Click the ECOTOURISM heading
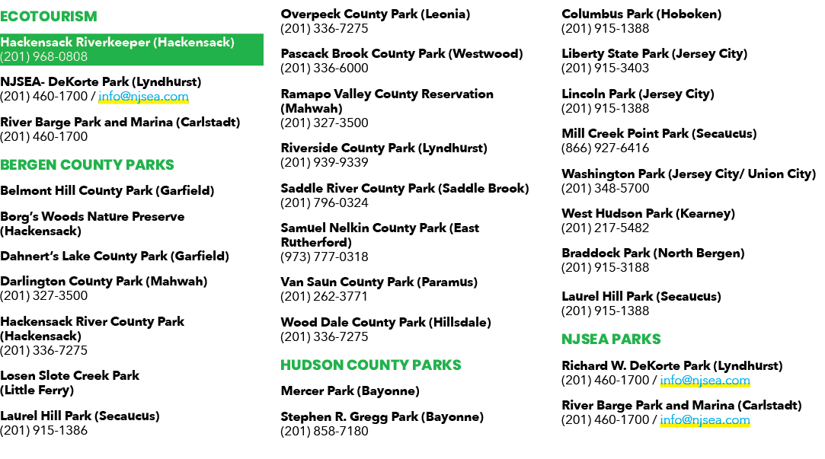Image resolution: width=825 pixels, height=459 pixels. [49, 17]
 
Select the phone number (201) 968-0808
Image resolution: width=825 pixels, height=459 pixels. [43, 57]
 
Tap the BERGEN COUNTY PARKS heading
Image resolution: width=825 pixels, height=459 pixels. [87, 165]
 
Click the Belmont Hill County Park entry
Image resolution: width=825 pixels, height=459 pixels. [107, 191]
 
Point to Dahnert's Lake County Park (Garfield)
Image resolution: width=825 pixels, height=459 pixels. [115, 257]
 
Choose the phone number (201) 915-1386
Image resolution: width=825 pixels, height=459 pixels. [43, 431]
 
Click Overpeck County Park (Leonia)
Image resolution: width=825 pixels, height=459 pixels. [375, 14]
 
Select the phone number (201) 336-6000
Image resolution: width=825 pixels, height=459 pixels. [324, 69]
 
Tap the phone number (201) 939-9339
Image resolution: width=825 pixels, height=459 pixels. [324, 162]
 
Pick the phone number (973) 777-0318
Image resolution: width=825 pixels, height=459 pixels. [324, 257]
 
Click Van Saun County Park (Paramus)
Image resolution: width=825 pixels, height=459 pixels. [379, 282]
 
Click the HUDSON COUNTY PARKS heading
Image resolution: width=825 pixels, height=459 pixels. [370, 365]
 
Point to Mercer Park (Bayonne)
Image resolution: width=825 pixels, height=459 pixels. [350, 391]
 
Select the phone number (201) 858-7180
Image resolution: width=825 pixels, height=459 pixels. [324, 432]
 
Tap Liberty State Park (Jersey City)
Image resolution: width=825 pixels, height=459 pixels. [654, 53]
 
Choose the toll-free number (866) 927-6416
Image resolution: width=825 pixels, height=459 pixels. [605, 148]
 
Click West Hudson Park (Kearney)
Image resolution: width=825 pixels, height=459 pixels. [648, 213]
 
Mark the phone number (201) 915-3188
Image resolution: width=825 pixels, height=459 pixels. [605, 268]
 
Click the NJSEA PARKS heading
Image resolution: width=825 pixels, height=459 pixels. [611, 339]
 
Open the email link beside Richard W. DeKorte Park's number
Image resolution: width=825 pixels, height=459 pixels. [705, 381]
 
